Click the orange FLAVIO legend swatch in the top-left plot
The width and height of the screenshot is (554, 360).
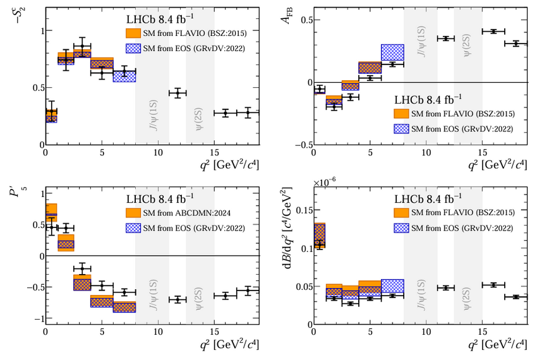135,32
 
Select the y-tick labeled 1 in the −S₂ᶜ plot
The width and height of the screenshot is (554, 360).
37,30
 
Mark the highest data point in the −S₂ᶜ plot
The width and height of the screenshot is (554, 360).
82,46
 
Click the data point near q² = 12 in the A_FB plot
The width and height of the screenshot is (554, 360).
446,39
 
